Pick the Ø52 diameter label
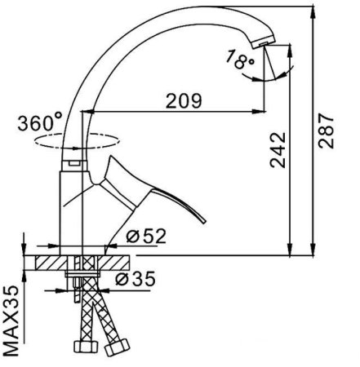(148, 237)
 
